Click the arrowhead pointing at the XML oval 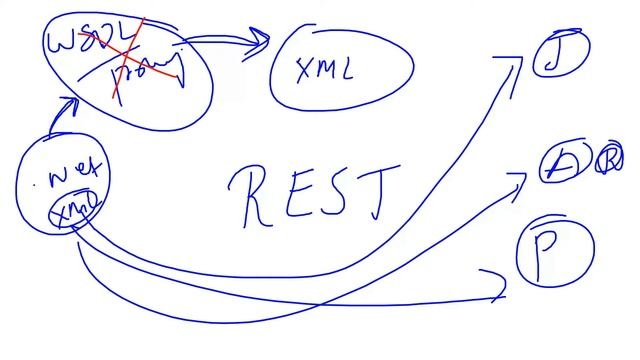tap(262, 40)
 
